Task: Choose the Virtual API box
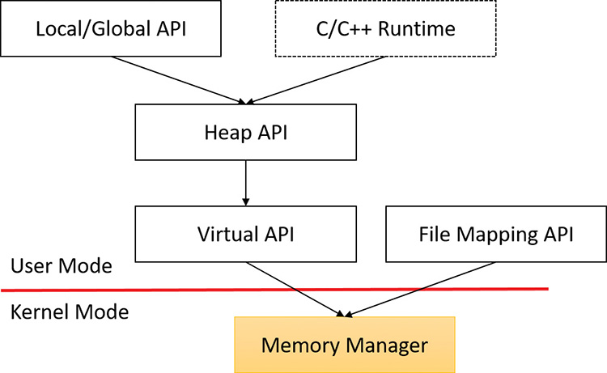pos(245,235)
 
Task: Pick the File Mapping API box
pos(496,235)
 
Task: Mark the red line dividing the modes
pos(162,290)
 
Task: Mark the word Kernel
pos(40,312)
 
